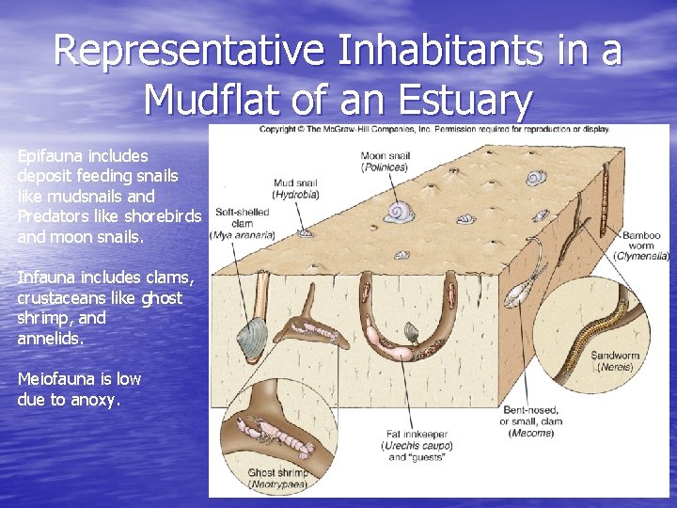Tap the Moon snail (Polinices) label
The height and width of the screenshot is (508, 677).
384,161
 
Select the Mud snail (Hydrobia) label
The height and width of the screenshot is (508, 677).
296,188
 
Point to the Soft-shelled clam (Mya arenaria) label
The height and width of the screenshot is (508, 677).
243,223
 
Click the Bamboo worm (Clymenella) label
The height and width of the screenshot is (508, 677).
641,243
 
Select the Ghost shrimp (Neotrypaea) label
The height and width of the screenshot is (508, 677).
278,478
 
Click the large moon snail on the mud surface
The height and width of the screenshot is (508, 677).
399,212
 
